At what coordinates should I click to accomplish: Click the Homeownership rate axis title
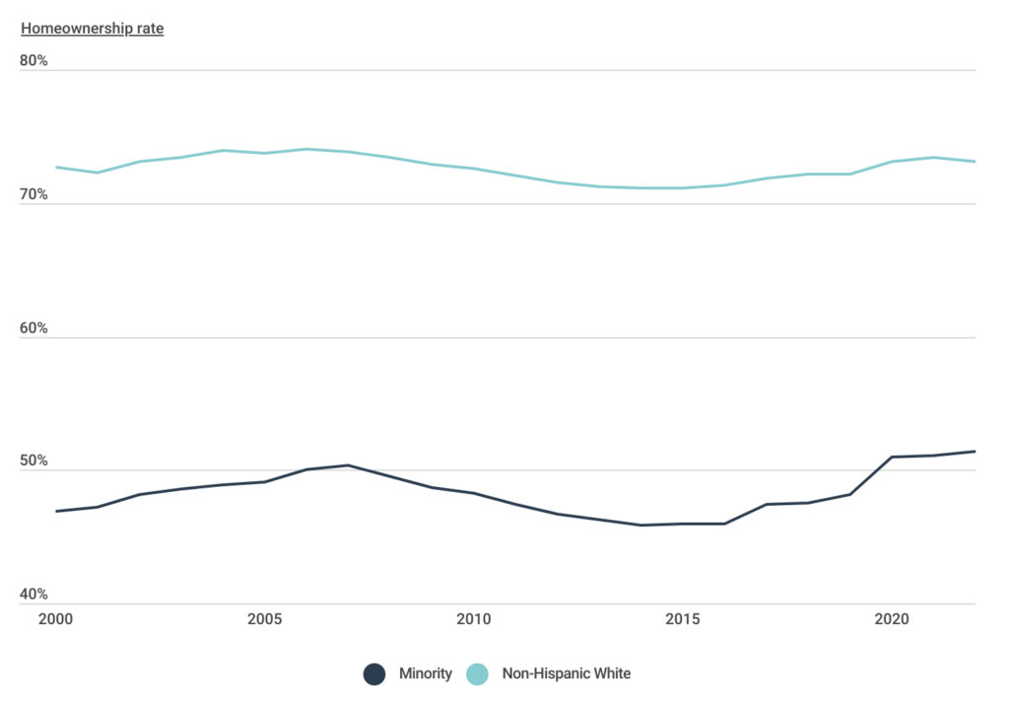click(92, 29)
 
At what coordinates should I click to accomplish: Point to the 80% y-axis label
click(34, 62)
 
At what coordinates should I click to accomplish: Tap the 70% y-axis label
click(34, 195)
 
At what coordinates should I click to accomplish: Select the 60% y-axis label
click(34, 328)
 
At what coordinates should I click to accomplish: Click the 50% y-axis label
click(34, 461)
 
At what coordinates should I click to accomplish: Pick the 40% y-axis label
click(34, 595)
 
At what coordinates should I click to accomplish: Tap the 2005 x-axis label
click(264, 619)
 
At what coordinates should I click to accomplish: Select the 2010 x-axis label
click(473, 619)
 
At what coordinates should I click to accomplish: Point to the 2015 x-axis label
click(683, 619)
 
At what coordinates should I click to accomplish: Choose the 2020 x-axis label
click(892, 619)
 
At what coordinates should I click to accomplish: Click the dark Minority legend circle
click(374, 674)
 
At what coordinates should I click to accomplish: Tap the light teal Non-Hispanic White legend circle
click(478, 674)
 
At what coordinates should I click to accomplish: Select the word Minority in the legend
click(425, 674)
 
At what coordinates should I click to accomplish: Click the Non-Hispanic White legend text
click(566, 674)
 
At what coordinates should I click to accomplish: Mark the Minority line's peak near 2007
click(348, 464)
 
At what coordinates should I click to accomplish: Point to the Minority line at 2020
click(892, 457)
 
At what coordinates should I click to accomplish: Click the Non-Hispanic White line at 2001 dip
click(97, 173)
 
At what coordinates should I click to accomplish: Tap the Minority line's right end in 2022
click(975, 452)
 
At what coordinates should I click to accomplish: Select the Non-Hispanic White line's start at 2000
click(55, 168)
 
